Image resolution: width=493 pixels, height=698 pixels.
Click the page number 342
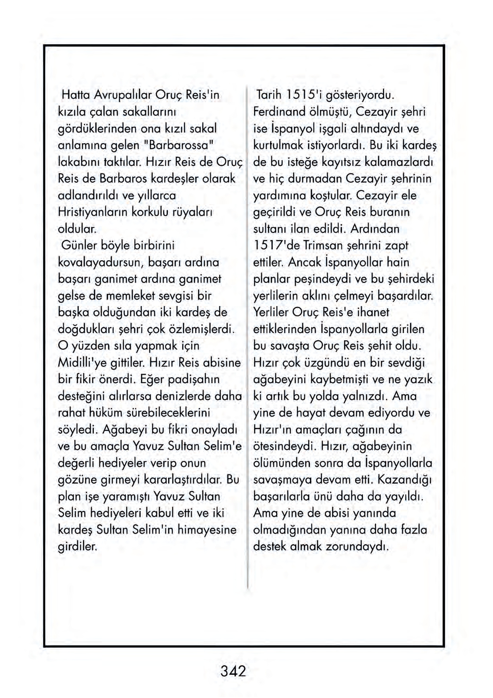[233, 671]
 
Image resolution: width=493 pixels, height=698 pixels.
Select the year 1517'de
[276, 246]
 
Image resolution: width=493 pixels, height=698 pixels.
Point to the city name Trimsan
[323, 246]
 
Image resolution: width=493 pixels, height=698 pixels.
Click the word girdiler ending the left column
[78, 546]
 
